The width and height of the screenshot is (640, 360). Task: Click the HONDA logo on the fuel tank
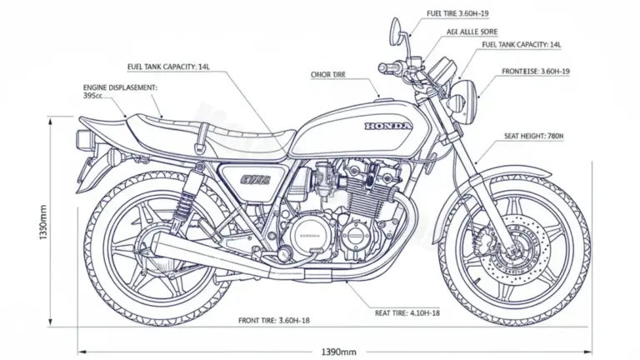387,126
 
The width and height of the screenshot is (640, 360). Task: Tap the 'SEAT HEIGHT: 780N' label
534,135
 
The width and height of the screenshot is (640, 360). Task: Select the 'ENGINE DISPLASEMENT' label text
121,86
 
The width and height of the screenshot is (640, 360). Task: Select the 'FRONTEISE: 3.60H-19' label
536,72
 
